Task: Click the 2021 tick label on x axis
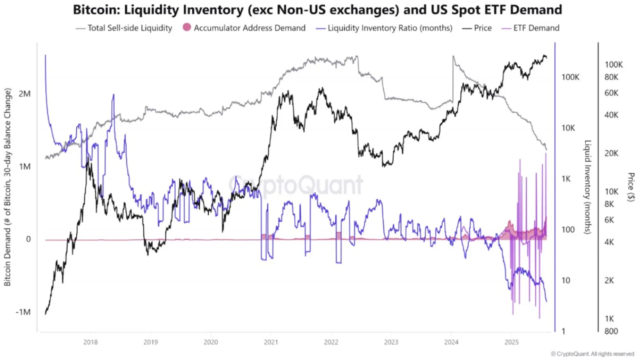[271, 342]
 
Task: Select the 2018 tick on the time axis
[91, 342]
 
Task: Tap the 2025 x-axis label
[512, 342]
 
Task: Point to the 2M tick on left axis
[24, 94]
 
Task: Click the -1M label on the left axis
[23, 312]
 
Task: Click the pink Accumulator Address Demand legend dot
[187, 27]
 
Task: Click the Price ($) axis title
[631, 187]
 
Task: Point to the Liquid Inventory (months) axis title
[588, 187]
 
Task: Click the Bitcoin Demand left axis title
[7, 187]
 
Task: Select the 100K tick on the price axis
[613, 65]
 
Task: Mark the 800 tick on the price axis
[611, 331]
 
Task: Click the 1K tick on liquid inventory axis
[566, 179]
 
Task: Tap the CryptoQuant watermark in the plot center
[296, 185]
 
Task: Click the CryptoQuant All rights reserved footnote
[592, 354]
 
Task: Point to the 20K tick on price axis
[611, 153]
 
